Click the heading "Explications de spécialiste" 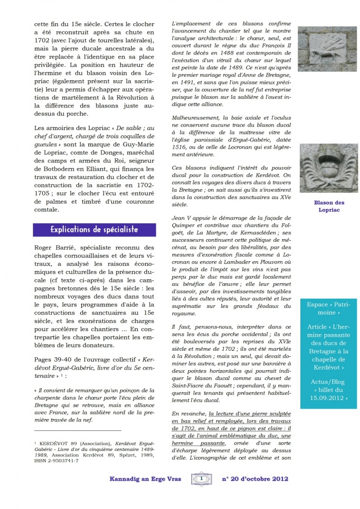coord(94,229)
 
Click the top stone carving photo coord(328,45)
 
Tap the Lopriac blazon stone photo coord(328,168)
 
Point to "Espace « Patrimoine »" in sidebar coord(329,308)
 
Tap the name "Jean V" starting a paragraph coord(181,218)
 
